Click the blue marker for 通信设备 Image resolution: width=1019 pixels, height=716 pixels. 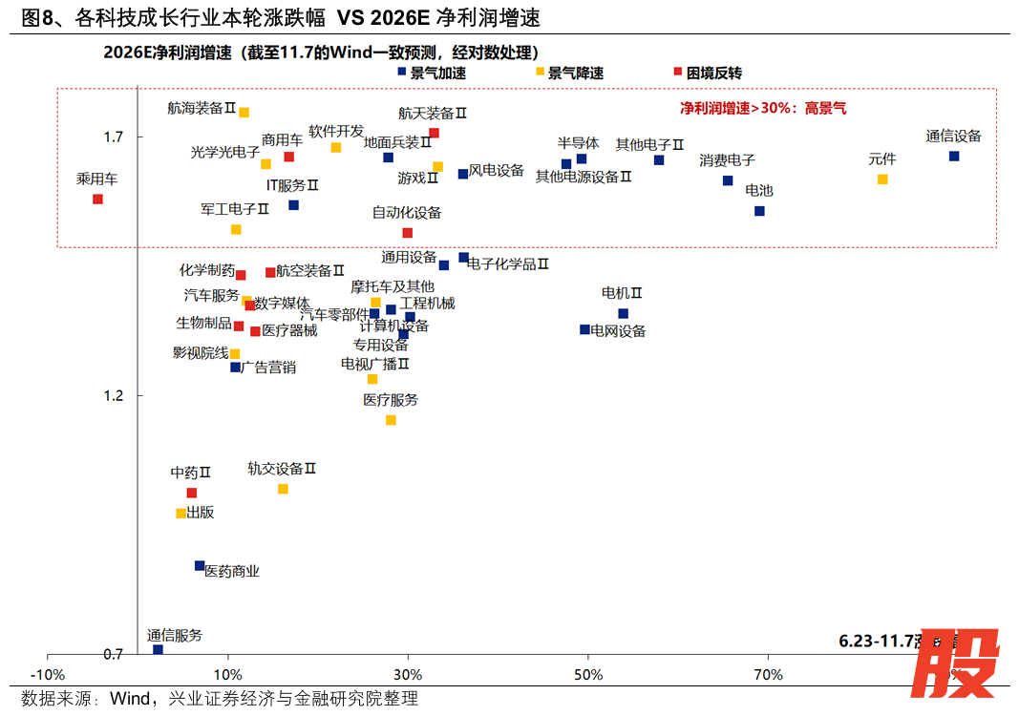[954, 156]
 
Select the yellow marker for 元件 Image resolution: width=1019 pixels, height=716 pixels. [882, 179]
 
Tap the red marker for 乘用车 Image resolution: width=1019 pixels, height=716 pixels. [97, 199]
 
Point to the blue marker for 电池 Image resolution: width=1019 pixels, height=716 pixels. [759, 211]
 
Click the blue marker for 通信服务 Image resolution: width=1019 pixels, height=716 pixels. [159, 649]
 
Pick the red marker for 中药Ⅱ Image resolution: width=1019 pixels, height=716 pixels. [191, 493]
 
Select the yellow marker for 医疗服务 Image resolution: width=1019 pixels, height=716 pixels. [391, 420]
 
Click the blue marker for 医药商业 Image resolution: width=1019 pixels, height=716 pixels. [200, 565]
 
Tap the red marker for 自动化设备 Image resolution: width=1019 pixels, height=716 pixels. [408, 232]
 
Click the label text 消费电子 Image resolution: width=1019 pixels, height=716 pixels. [727, 160]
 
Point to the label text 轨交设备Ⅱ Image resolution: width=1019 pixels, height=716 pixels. [282, 469]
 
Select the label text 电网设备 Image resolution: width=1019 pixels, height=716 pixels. [619, 331]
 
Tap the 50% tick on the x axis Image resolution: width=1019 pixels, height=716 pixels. [588, 675]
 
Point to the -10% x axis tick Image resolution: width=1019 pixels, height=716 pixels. [49, 675]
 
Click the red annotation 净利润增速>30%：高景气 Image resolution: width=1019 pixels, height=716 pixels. [763, 109]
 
